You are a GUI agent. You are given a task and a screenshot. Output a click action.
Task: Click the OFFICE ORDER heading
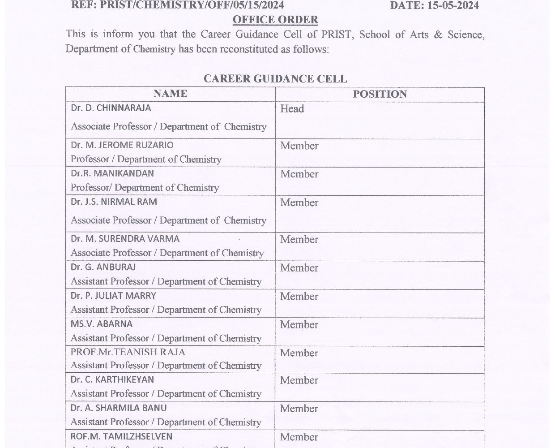[x=275, y=20]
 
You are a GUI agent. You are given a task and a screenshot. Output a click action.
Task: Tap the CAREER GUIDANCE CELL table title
[x=275, y=79]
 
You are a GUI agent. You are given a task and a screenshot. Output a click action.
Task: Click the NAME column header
[x=170, y=94]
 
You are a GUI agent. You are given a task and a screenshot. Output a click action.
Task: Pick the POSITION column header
[x=380, y=94]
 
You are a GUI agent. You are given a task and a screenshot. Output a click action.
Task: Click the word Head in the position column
[x=292, y=109]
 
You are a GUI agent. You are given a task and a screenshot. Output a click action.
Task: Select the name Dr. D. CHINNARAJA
[x=111, y=108]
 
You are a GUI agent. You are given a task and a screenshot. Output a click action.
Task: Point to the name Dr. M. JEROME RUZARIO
[x=122, y=145]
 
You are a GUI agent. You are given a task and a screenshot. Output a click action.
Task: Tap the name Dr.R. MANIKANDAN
[x=112, y=173]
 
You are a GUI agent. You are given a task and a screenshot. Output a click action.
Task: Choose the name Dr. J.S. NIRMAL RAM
[x=114, y=202]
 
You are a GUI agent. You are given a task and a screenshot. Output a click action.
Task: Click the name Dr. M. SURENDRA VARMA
[x=125, y=239]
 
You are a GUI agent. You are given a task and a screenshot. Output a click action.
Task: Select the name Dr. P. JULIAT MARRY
[x=114, y=296]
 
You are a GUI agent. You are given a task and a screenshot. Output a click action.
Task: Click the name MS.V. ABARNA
[x=102, y=323]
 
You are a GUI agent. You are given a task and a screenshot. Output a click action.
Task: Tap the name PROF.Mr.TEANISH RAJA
[x=128, y=352]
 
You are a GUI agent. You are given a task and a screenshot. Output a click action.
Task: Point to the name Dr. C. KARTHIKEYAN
[x=112, y=379]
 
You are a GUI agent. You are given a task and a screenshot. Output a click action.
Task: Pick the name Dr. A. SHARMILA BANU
[x=119, y=408]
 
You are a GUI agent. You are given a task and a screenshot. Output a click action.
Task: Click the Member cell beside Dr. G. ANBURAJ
[x=299, y=268]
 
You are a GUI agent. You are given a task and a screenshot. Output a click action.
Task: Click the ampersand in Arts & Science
[x=437, y=34]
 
